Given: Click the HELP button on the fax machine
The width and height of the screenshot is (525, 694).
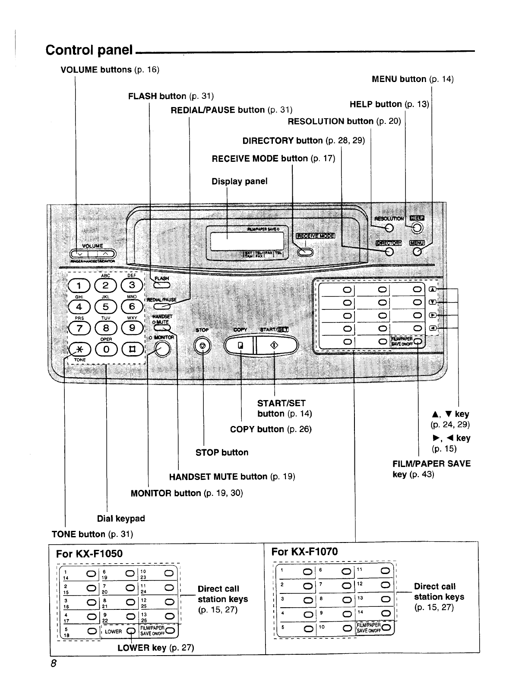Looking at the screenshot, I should [417, 228].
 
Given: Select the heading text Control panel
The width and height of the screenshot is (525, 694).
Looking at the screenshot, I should [89, 50].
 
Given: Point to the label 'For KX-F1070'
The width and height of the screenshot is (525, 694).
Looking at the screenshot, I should [304, 552].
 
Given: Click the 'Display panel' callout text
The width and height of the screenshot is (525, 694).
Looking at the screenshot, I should [239, 181].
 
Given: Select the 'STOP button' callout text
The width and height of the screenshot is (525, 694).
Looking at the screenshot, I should [222, 452].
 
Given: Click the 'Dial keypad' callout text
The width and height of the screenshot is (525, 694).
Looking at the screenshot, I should [121, 518].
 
